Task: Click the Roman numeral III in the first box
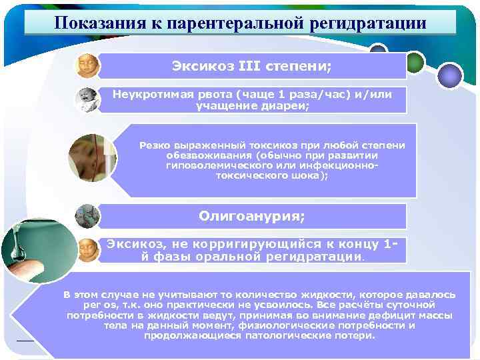click(249, 67)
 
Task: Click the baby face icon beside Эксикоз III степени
click(87, 65)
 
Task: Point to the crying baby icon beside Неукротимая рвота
click(87, 100)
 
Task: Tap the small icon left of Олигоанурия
click(87, 216)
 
